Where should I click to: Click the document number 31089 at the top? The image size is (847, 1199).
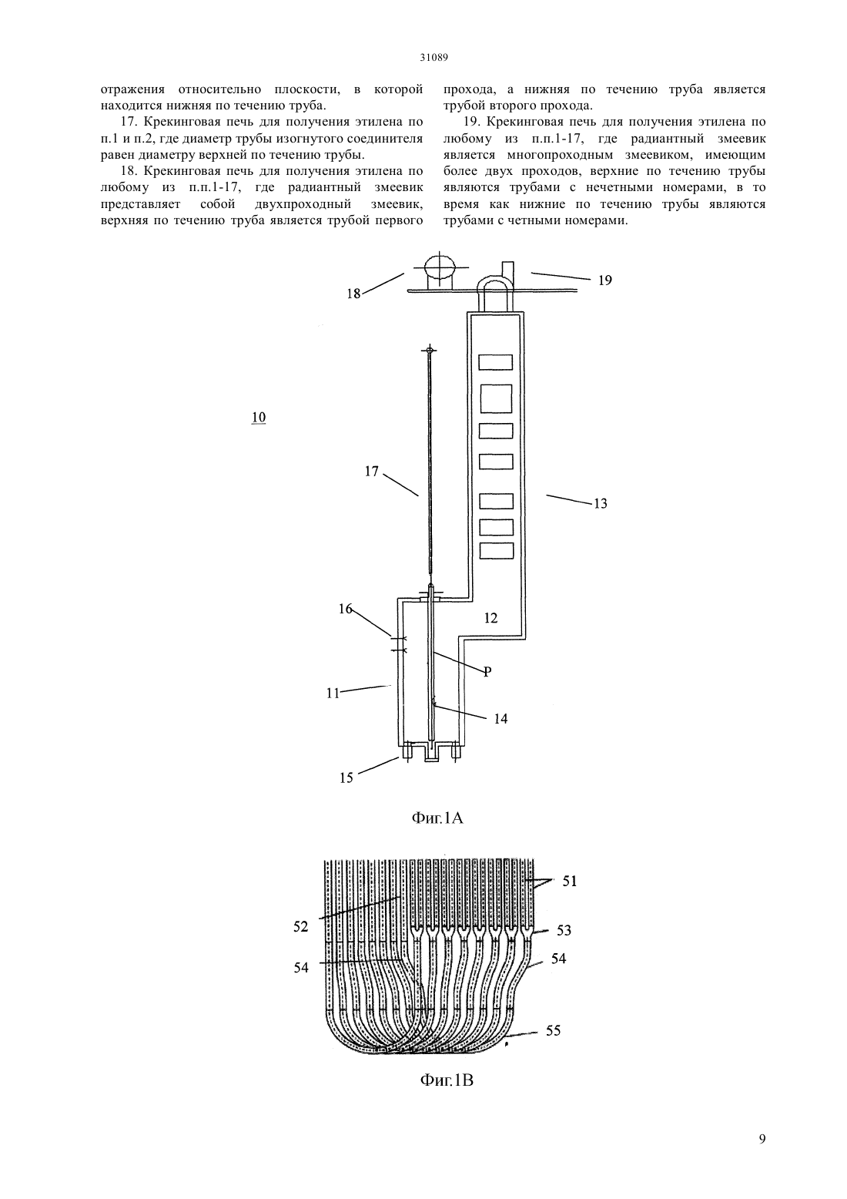(434, 58)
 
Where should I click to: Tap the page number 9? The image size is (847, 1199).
(762, 1139)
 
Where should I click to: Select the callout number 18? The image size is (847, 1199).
(354, 294)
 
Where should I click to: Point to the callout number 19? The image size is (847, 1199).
(604, 280)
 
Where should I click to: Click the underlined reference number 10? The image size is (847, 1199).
(258, 417)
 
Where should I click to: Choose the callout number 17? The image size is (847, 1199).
(372, 471)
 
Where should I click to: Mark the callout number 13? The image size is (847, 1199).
(600, 503)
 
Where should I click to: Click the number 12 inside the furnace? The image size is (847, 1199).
(490, 618)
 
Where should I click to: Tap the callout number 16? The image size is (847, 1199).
(346, 608)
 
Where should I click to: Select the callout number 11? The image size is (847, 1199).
(333, 694)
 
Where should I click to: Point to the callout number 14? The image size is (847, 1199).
(500, 718)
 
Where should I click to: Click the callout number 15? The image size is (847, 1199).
(346, 778)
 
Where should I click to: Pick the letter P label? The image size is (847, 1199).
(487, 672)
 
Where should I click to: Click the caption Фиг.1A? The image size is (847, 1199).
(437, 818)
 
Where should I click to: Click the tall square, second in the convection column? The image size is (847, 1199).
(496, 398)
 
